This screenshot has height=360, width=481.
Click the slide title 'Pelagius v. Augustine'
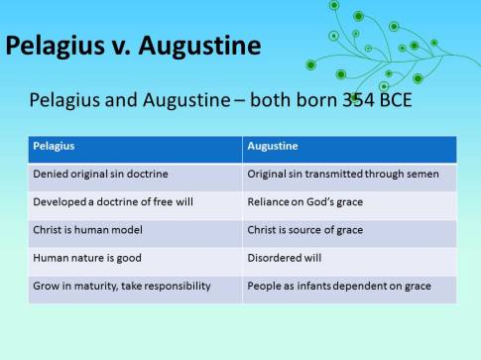[x=134, y=46]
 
